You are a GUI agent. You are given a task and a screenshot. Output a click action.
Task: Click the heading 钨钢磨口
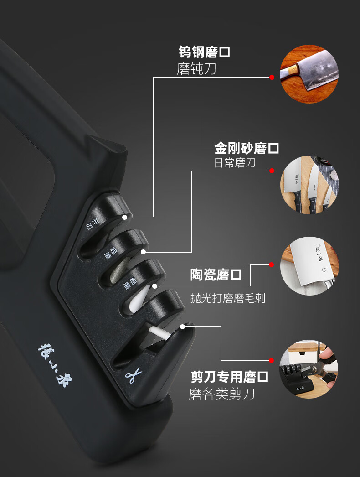204,52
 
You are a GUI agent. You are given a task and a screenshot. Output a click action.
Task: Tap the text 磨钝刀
196,69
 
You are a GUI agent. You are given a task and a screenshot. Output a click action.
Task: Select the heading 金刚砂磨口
247,148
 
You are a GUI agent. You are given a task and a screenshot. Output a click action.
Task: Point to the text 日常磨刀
235,163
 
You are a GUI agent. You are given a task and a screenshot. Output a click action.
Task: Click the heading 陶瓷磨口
216,275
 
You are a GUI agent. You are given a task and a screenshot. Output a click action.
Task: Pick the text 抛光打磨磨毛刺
228,298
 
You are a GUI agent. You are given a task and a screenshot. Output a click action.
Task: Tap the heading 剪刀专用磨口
229,377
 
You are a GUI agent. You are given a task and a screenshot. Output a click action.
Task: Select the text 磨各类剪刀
221,394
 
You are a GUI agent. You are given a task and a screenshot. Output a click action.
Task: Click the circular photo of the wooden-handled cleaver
309,74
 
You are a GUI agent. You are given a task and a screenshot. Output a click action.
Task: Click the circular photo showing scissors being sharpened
309,369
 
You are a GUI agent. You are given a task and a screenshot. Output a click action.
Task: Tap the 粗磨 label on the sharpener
110,253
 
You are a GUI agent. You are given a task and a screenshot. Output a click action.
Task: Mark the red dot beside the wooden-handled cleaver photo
272,77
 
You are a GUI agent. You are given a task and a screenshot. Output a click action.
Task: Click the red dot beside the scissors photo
272,361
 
